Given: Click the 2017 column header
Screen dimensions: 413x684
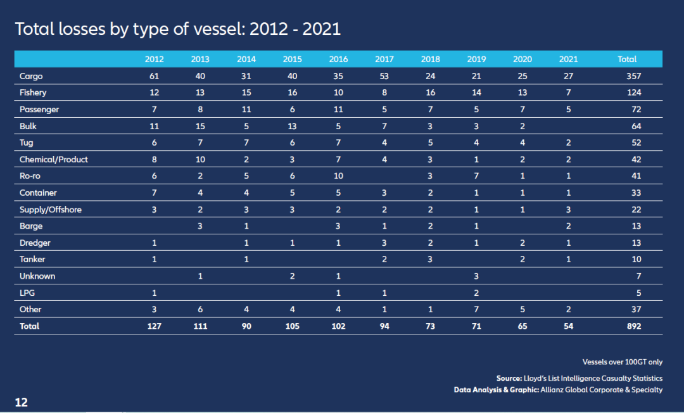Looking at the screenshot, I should point(384,59).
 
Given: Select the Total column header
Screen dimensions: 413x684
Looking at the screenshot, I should point(627,59).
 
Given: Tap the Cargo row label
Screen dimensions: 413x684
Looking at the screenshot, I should point(31,76).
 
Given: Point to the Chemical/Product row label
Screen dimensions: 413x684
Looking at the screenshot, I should point(54,160).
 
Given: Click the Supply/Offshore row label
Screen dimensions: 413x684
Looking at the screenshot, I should point(51,210).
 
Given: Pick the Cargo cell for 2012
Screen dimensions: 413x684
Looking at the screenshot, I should point(155,76).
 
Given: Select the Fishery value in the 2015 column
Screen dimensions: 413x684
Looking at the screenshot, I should point(292,92).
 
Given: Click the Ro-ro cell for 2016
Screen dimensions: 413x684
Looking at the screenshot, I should point(338,176).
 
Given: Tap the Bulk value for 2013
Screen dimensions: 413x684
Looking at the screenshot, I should point(200,126).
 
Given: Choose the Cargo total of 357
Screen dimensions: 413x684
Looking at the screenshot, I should point(633,76).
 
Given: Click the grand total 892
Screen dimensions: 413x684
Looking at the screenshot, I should point(633,326).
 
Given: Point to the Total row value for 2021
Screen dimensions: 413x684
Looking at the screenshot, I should point(569,326).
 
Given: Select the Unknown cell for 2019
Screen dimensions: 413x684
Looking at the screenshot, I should point(476,276).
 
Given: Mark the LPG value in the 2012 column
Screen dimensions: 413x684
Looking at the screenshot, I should point(155,293).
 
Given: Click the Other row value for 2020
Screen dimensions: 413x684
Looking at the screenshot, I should point(522,309).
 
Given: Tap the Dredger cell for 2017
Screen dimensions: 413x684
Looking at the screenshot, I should point(384,243).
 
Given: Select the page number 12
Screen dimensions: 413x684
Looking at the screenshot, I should point(21,402).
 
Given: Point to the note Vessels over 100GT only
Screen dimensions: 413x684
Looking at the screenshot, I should point(621,362).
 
